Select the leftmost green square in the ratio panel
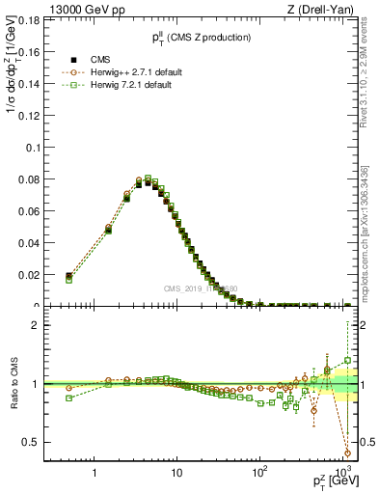(x=68, y=398)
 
